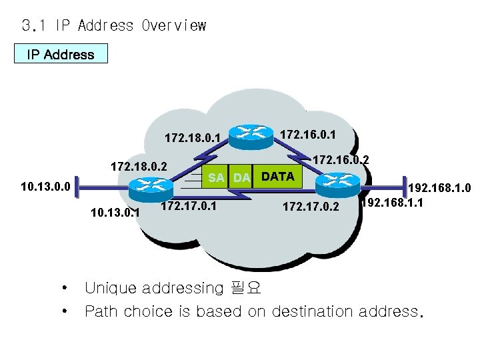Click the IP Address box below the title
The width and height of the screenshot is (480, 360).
click(61, 54)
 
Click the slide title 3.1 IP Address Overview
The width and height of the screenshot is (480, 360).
click(113, 26)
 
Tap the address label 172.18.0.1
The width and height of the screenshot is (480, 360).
click(193, 139)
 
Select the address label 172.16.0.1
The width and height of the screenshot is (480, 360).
click(308, 135)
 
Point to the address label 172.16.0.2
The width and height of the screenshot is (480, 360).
click(341, 160)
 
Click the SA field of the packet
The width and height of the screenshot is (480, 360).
click(215, 177)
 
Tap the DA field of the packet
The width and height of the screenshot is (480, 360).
click(241, 177)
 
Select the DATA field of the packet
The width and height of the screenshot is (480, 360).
click(278, 177)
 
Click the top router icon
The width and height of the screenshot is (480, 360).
click(251, 133)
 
